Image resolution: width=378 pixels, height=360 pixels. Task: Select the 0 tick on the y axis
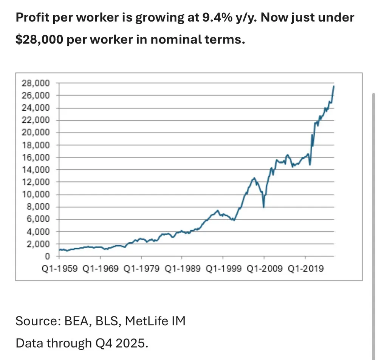(47, 256)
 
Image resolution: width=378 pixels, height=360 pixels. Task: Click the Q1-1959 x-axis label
(59, 269)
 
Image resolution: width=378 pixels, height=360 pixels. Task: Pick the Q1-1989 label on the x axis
(182, 269)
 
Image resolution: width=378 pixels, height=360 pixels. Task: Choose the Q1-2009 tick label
(264, 269)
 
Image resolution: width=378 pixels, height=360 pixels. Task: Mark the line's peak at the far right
(333, 86)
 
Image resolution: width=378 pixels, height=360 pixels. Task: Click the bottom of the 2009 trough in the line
(263, 207)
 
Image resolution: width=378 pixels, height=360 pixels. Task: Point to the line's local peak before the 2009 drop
(254, 178)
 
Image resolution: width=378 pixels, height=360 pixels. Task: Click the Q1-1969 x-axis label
(100, 269)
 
